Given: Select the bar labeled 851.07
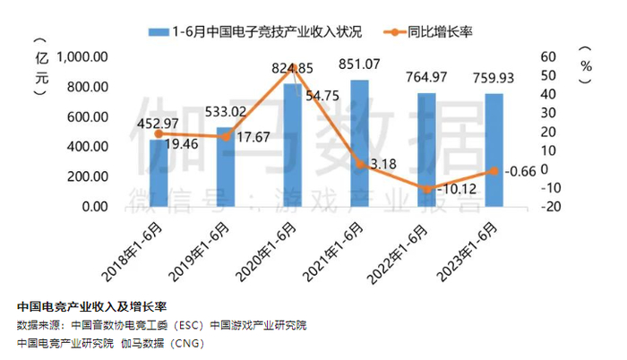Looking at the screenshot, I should pos(359,143).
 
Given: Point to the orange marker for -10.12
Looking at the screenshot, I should pos(426,188).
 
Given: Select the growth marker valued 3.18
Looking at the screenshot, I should pos(359,164).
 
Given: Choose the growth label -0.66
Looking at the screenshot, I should pos(520,172).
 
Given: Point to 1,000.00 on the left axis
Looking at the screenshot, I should pos(82,56).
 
